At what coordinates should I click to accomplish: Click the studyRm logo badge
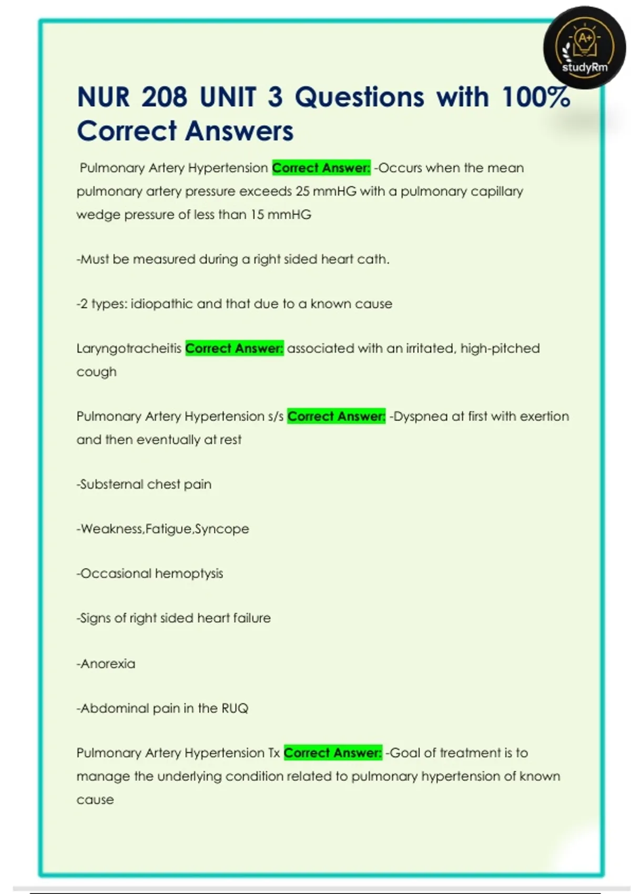(x=584, y=48)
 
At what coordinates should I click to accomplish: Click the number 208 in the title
(x=164, y=97)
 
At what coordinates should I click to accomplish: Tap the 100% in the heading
(x=536, y=97)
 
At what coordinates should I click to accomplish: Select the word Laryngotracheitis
(x=129, y=349)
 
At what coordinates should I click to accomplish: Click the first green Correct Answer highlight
(x=321, y=168)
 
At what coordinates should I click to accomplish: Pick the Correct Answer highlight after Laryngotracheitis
(x=235, y=349)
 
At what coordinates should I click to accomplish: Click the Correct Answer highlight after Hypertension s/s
(x=337, y=416)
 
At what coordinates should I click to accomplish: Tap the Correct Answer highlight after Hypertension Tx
(x=333, y=753)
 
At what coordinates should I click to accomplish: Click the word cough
(x=96, y=372)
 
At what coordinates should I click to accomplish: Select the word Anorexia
(x=107, y=664)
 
